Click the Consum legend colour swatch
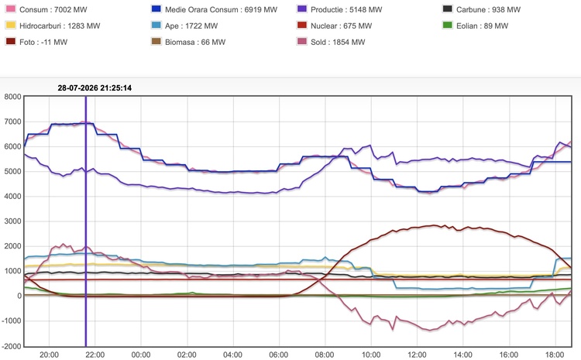[11, 9]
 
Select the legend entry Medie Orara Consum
[214, 9]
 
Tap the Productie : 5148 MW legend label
[346, 9]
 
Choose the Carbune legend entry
[481, 9]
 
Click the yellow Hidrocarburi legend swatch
[11, 26]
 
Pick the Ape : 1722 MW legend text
[191, 26]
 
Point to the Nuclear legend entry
[334, 26]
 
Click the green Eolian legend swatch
[448, 26]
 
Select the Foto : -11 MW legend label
[43, 43]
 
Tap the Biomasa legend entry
[188, 43]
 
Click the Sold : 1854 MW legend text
[338, 43]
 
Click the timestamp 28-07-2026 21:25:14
[95, 87]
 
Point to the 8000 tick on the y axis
[12, 97]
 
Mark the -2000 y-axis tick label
[12, 346]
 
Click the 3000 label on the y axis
[12, 221]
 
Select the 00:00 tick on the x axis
[141, 355]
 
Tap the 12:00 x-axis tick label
[417, 355]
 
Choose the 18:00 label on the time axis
[555, 355]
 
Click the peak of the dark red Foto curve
[435, 225]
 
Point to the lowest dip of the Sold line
[430, 330]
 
